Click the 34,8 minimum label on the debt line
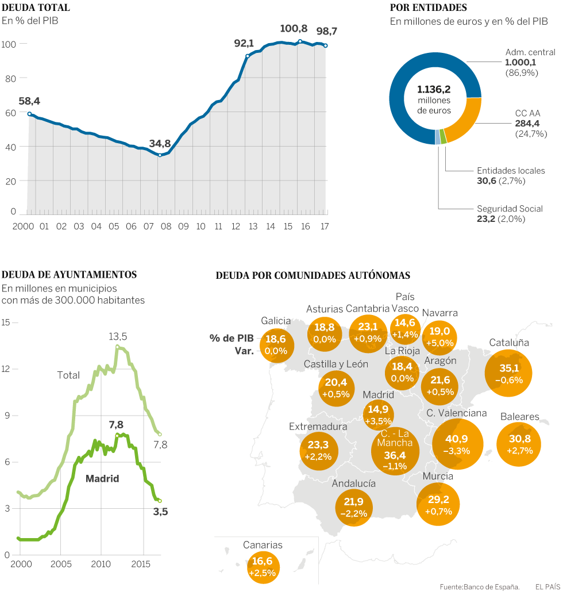point(160,143)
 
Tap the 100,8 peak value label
point(294,29)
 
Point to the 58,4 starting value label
point(29,101)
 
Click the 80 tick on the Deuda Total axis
point(9,78)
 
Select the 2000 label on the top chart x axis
point(24,227)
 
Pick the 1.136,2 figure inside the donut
point(434,90)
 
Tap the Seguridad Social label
point(510,209)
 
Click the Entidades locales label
point(511,171)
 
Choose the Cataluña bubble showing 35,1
point(508,373)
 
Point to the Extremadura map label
point(318,427)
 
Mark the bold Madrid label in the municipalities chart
point(102,478)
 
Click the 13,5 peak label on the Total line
point(118,336)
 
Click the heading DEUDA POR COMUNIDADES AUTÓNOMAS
point(313,275)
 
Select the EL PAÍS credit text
point(547,587)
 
